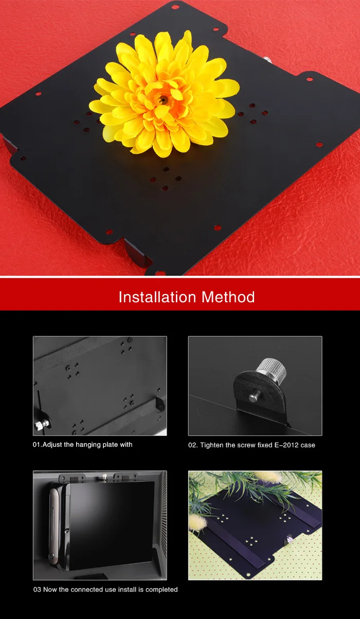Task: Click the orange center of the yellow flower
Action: [163, 100]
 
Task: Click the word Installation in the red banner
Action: [157, 297]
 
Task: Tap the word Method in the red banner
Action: [228, 297]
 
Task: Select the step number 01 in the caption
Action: [36, 445]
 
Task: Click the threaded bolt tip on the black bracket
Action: [254, 397]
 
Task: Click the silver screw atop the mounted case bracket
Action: [104, 477]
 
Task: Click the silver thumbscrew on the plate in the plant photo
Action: [289, 538]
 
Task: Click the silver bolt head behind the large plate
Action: [267, 59]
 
